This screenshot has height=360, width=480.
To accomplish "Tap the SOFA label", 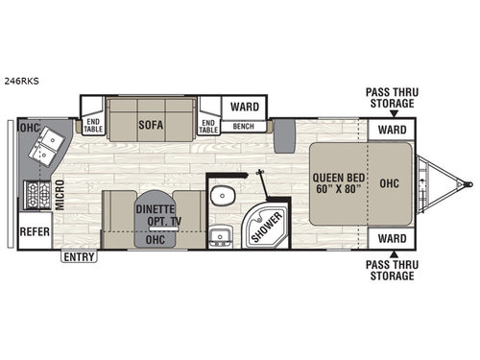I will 148,122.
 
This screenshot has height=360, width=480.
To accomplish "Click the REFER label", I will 34,230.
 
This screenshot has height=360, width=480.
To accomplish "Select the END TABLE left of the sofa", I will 93,126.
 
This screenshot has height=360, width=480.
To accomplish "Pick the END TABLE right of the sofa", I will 207,126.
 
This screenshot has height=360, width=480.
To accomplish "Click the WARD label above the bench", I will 241,108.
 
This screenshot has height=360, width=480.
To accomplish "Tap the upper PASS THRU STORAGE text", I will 390,99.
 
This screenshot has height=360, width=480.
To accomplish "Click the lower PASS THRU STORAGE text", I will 390,270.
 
